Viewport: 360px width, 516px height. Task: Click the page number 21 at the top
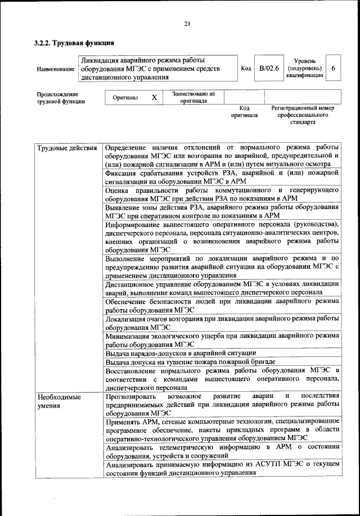[x=187, y=23]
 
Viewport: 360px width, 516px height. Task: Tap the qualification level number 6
[x=334, y=68]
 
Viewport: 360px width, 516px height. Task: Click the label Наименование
[x=56, y=69]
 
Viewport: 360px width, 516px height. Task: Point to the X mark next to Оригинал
[x=154, y=97]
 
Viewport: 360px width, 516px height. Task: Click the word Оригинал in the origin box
[x=125, y=98]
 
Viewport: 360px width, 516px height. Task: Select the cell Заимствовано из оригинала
[x=193, y=97]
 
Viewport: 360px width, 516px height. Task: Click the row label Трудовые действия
[x=65, y=148]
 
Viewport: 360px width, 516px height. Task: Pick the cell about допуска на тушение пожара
[x=190, y=363]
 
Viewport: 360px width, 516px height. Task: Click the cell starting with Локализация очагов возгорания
[x=222, y=323]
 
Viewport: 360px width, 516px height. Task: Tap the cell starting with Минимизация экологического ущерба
[x=222, y=340]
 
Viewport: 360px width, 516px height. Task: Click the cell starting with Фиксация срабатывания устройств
[x=222, y=177]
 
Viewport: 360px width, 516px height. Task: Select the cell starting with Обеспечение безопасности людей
[x=222, y=305]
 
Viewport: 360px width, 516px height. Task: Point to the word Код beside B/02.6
[x=246, y=68]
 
